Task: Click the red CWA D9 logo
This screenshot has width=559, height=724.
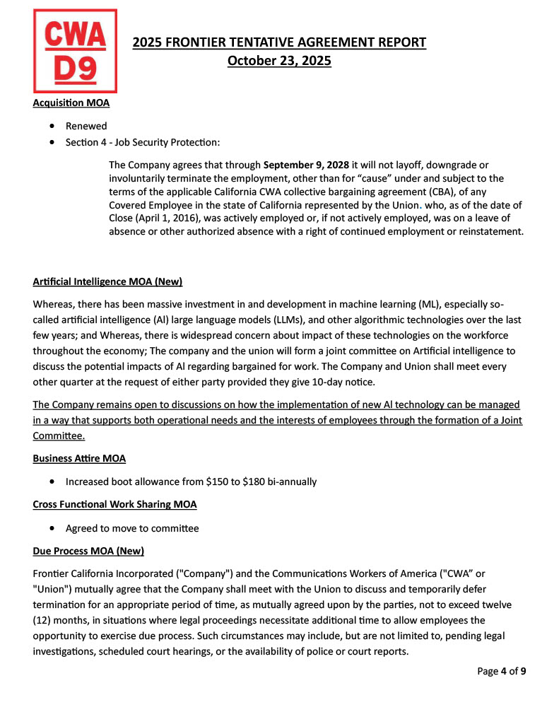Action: (x=75, y=51)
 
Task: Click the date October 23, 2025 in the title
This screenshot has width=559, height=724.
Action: (x=279, y=61)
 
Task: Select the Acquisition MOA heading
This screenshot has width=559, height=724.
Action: (x=71, y=103)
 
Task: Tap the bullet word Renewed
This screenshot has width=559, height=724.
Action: (x=86, y=126)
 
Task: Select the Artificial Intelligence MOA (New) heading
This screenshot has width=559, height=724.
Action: (x=107, y=281)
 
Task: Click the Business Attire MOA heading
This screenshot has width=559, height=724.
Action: (x=79, y=458)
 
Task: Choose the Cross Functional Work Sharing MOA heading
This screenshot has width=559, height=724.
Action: (x=114, y=504)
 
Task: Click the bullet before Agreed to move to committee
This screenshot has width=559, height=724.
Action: (x=54, y=528)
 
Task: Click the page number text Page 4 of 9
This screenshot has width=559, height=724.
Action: (x=502, y=671)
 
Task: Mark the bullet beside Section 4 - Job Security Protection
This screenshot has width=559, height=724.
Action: (x=54, y=143)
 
